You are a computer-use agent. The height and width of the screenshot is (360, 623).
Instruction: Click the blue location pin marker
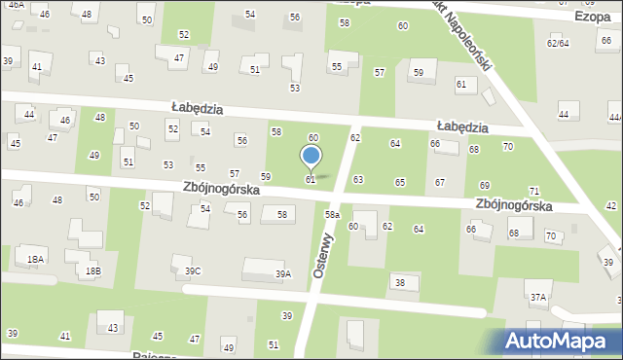pos(311,156)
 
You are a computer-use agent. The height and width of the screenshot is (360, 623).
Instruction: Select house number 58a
pos(332,214)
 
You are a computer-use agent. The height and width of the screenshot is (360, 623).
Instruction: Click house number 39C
pos(193,271)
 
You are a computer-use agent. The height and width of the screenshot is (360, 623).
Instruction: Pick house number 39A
pos(282,274)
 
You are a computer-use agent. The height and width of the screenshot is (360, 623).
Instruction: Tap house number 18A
pos(36,260)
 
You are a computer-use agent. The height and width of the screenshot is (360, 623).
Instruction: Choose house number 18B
pos(92,270)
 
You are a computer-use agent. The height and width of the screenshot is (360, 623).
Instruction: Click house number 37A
pos(537,297)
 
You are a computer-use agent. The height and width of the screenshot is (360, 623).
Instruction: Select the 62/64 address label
pos(558,43)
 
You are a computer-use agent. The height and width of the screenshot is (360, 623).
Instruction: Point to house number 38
pos(399,282)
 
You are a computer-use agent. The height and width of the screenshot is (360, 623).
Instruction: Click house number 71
pos(533,191)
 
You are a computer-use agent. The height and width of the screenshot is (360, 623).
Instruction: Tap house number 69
pos(484,185)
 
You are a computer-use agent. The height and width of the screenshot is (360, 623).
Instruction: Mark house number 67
pos(440,183)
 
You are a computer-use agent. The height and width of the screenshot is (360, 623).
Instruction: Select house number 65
pos(399,182)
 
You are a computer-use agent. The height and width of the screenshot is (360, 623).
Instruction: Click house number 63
pos(358,180)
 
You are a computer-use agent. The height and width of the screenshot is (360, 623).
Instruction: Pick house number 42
pos(610,205)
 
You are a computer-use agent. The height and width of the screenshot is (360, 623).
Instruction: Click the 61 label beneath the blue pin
pos(311,180)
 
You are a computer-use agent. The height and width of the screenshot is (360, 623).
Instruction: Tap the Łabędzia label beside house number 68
pos(462,126)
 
